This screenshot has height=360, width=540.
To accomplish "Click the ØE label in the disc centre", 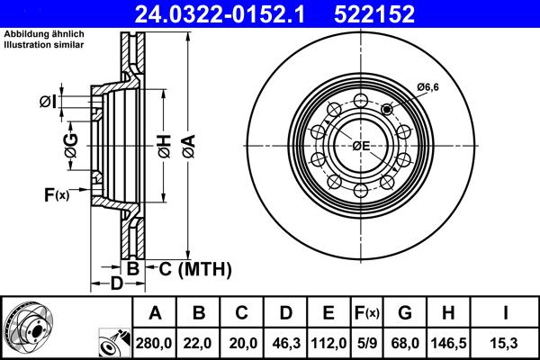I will pos(361,146).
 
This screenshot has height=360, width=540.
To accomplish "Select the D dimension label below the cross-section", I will pos(116,285).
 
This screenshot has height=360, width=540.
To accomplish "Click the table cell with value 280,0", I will pos(155,343).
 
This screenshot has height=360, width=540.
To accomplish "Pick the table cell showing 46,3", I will pos(285,343).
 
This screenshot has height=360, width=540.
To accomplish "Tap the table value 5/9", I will pos(368,343).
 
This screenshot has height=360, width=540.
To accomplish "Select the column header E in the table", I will pos(328,314).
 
